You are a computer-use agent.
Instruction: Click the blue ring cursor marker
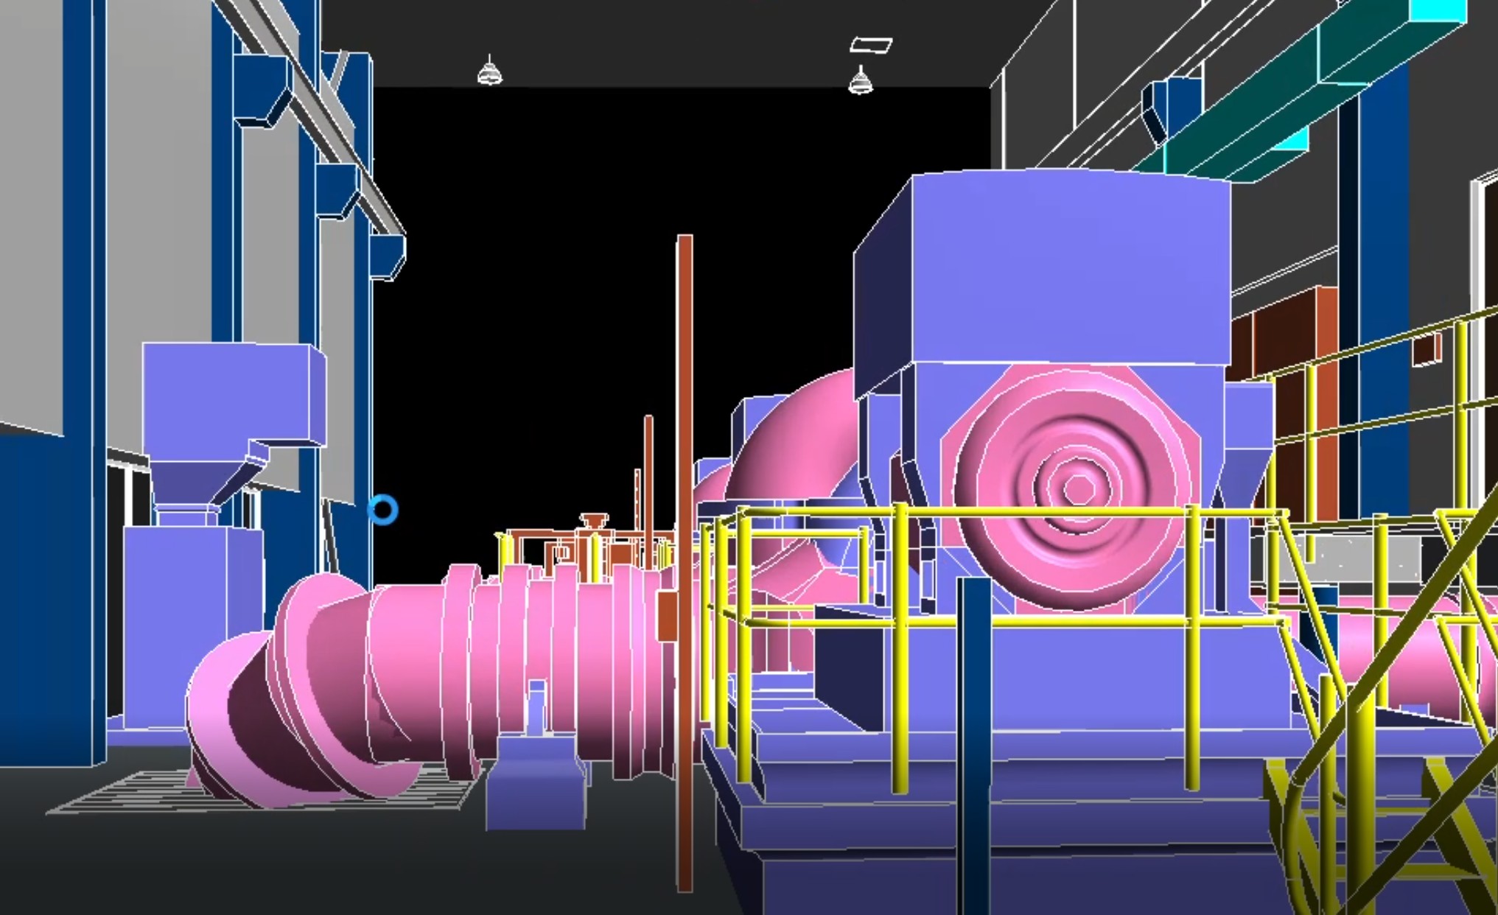383,509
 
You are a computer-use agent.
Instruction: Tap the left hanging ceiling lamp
490,73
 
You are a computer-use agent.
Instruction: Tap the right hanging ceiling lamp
860,81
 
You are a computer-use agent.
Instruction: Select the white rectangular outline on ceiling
871,46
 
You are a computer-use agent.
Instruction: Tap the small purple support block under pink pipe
536,781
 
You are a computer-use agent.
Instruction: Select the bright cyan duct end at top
1437,11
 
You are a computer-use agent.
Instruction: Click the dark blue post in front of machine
974,737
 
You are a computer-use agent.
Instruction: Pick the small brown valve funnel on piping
594,520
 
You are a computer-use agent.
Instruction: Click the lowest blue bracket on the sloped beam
388,256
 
